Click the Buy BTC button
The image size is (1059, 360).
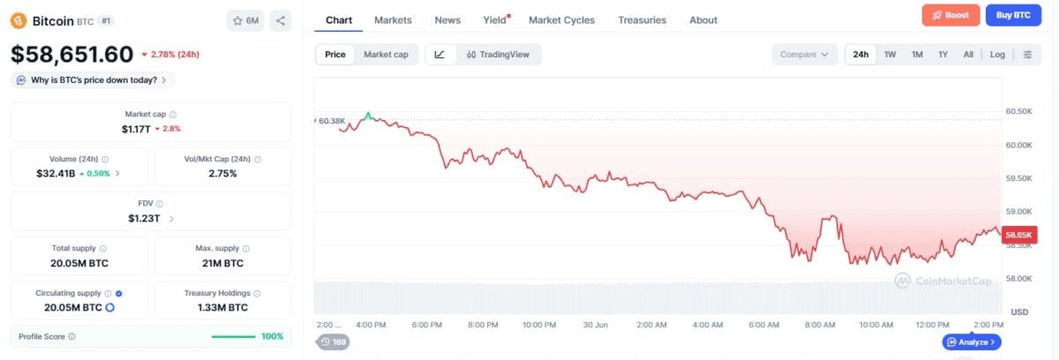pyautogui.click(x=1013, y=15)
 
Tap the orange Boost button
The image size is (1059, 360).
pyautogui.click(x=950, y=15)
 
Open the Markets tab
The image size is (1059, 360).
pyautogui.click(x=393, y=20)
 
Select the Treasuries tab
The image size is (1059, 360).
pyautogui.click(x=642, y=20)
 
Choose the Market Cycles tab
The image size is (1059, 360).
pyautogui.click(x=561, y=20)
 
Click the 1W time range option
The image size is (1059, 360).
pyautogui.click(x=890, y=55)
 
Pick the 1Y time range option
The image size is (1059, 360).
pyautogui.click(x=943, y=55)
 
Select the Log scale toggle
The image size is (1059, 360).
pyautogui.click(x=997, y=55)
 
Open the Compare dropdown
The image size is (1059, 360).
pyautogui.click(x=805, y=55)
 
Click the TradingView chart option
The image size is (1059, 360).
pyautogui.click(x=498, y=55)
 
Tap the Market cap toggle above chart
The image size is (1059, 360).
pyautogui.click(x=386, y=55)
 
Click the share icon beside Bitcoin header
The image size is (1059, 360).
pyautogui.click(x=281, y=21)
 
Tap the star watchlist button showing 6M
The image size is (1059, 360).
pyautogui.click(x=245, y=21)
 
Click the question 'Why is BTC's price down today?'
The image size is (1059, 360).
pyautogui.click(x=94, y=80)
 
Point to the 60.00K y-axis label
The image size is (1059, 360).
pyautogui.click(x=1018, y=145)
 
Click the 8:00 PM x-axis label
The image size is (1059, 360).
pyautogui.click(x=483, y=325)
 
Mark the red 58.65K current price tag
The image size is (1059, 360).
pyautogui.click(x=1019, y=235)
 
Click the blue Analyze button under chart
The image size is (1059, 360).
pyautogui.click(x=972, y=342)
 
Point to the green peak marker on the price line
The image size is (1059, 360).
pyautogui.click(x=368, y=116)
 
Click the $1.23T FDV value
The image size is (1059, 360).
pyautogui.click(x=144, y=218)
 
